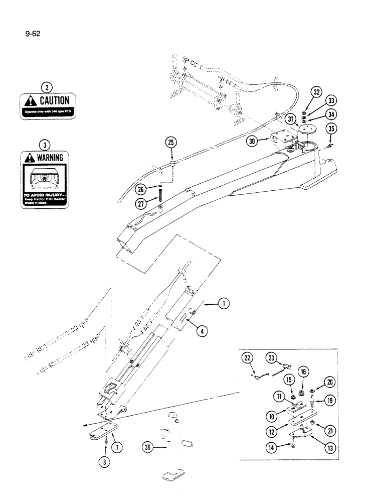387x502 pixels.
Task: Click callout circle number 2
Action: click(46, 86)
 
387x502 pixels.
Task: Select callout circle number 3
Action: click(46, 146)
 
